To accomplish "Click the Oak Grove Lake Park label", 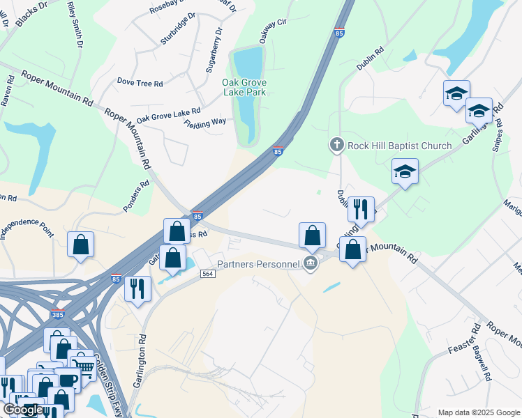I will click(244, 86).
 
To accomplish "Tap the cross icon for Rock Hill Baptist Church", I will click(336, 145).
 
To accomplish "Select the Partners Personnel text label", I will click(258, 263).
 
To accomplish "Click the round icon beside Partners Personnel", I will click(311, 263).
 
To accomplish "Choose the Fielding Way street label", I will click(205, 123).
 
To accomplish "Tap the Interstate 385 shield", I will click(57, 314).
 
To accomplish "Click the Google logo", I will click(23, 410).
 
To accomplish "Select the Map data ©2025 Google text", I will click(478, 412).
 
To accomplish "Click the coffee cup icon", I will click(68, 379).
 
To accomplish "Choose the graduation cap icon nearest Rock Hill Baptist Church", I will click(404, 171).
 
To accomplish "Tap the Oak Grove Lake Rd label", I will click(168, 115).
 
